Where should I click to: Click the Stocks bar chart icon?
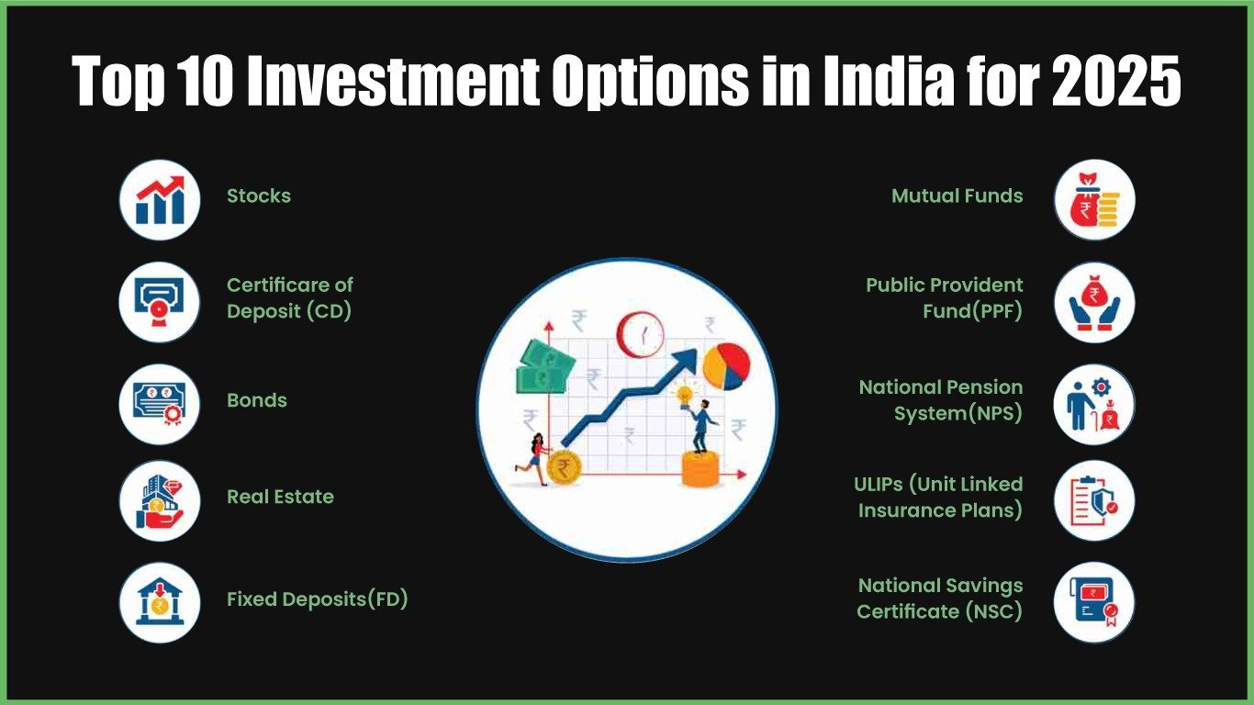[x=160, y=200]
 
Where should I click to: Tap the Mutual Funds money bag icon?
[x=1094, y=200]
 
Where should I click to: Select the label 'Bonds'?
[x=257, y=400]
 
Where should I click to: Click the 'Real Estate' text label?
[x=281, y=497]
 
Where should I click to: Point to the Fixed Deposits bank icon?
[x=160, y=602]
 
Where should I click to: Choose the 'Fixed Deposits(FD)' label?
[x=318, y=599]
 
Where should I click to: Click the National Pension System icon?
[x=1094, y=404]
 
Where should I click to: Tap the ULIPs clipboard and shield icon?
[x=1094, y=500]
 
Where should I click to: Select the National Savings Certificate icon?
[x=1094, y=602]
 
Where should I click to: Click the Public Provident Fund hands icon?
[x=1094, y=302]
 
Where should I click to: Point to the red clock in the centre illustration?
[x=641, y=334]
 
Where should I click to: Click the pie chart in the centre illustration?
[x=726, y=367]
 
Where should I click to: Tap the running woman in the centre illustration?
[x=535, y=459]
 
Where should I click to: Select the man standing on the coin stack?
[x=702, y=427]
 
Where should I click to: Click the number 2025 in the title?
[x=1116, y=80]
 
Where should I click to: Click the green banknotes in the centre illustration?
[x=545, y=367]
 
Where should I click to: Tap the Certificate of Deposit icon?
[x=160, y=302]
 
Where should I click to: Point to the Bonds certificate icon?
[x=160, y=404]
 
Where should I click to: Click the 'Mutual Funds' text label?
[x=957, y=196]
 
